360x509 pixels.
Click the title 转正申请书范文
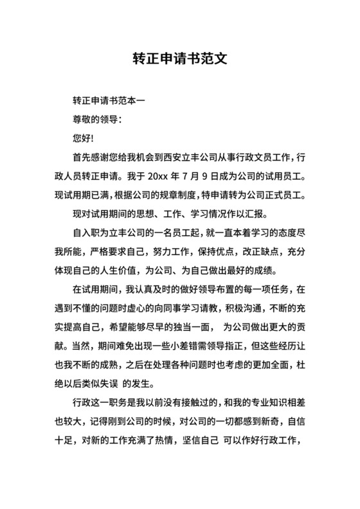(x=179, y=59)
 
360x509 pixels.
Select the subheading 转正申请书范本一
(x=109, y=101)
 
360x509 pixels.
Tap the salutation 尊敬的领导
(x=96, y=120)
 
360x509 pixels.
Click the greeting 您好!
(x=84, y=138)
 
